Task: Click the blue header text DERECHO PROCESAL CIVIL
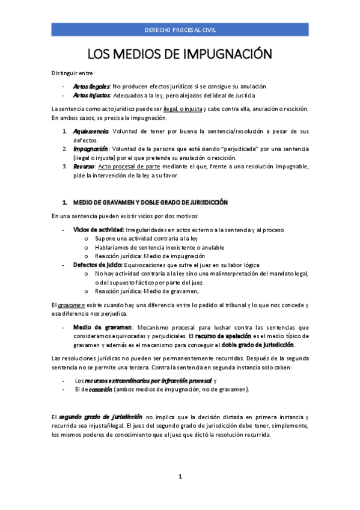pyautogui.click(x=180, y=29)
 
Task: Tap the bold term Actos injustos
pyautogui.click(x=91, y=95)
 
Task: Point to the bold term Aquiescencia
pyautogui.click(x=90, y=131)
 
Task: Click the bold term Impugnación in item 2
pyautogui.click(x=91, y=148)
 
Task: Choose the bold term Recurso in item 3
pyautogui.click(x=84, y=166)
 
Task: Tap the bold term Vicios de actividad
pyautogui.click(x=99, y=230)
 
